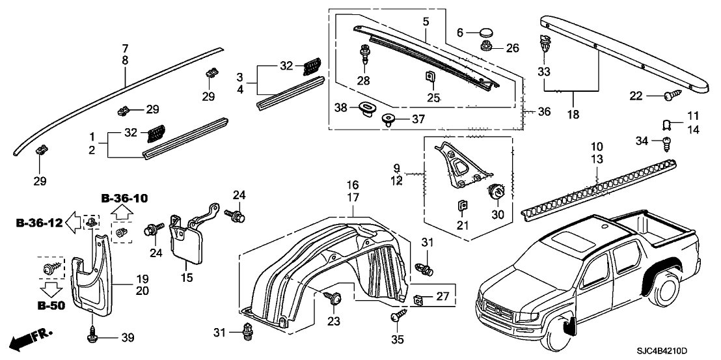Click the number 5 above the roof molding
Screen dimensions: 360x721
425,21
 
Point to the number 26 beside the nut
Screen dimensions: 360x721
512,48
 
